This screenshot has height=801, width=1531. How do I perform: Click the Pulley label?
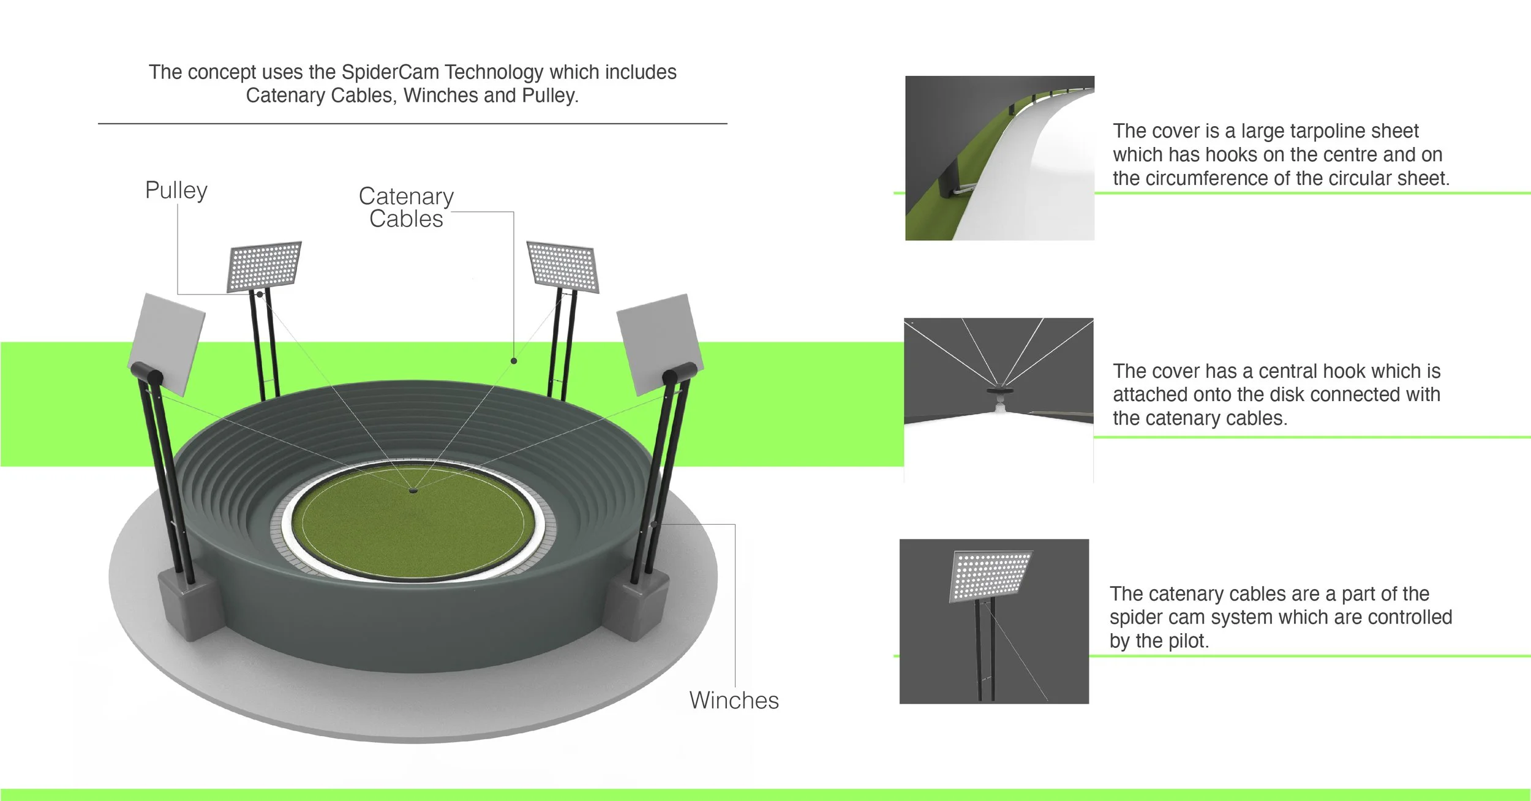tap(176, 190)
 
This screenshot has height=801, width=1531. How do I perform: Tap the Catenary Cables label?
tap(406, 208)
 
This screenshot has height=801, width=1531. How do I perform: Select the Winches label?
tap(734, 701)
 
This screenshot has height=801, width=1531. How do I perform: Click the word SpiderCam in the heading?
tap(389, 72)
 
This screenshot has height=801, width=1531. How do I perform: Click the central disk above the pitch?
tap(413, 490)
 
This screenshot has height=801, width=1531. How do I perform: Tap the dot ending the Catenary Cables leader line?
tap(514, 361)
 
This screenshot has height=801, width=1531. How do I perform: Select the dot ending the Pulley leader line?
tap(260, 295)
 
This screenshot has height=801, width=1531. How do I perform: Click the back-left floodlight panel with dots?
tap(265, 266)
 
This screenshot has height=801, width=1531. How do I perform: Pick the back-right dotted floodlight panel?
tap(562, 266)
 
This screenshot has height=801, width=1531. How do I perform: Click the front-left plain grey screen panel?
tap(167, 343)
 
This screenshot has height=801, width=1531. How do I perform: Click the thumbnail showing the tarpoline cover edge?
tap(999, 158)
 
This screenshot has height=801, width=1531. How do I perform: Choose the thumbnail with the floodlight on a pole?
tap(994, 621)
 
